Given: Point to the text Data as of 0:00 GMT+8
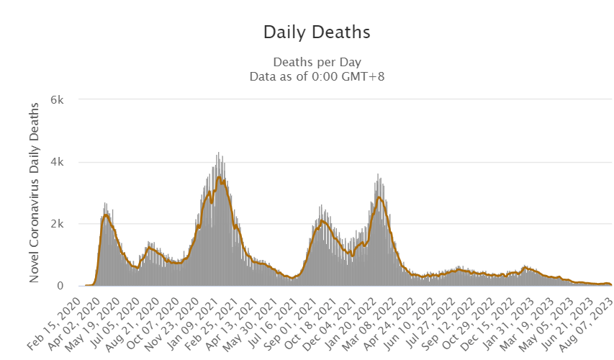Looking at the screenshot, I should click(317, 75).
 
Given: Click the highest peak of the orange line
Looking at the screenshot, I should click(219, 177).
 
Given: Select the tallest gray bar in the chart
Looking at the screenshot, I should click(218, 153).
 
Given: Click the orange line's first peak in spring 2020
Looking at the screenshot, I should click(106, 215).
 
